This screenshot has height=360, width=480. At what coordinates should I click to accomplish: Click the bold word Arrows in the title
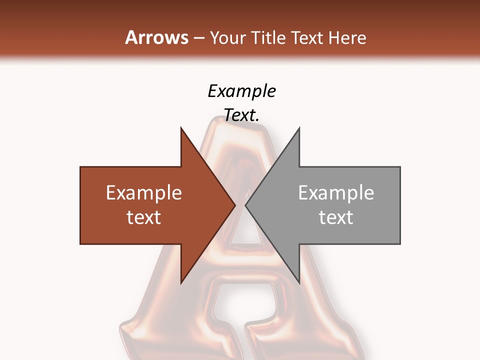coord(157,37)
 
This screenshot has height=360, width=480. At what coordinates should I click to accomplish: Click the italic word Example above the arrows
coord(241,91)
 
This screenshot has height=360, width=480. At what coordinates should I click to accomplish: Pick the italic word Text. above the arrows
coord(241,115)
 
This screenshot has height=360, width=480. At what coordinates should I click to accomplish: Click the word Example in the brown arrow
coord(144,192)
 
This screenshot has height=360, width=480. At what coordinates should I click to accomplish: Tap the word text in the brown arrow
coord(144,217)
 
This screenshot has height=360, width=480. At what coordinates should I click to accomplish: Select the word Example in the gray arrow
coord(336,192)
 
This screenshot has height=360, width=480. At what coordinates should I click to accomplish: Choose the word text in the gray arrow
coord(336,217)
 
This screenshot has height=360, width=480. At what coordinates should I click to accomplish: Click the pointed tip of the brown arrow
coord(234,205)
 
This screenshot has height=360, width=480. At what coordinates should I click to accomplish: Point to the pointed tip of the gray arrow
coord(246,205)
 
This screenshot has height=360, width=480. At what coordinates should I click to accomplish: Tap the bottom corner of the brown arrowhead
coord(181,282)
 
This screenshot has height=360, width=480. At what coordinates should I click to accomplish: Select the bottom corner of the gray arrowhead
coord(299,282)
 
